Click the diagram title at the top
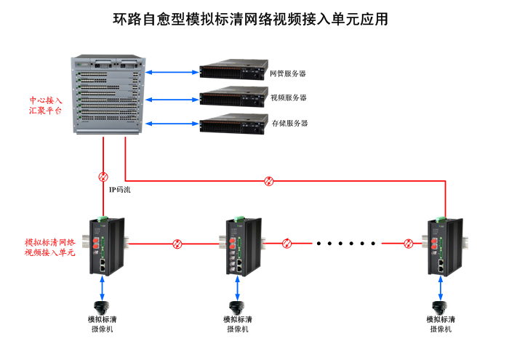tap(250, 20)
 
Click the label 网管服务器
tap(289, 73)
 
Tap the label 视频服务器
tap(289, 98)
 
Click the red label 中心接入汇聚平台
tap(46, 105)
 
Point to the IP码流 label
tap(119, 190)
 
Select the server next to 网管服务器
tap(230, 72)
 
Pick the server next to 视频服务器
tap(230, 97)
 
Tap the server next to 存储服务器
tap(230, 123)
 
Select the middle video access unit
tap(239, 244)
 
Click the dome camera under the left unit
tap(103, 306)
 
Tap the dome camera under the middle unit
tap(236, 306)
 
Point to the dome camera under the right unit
tap(438, 306)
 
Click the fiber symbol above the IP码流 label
tap(104, 177)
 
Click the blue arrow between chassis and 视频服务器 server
tap(172, 97)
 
